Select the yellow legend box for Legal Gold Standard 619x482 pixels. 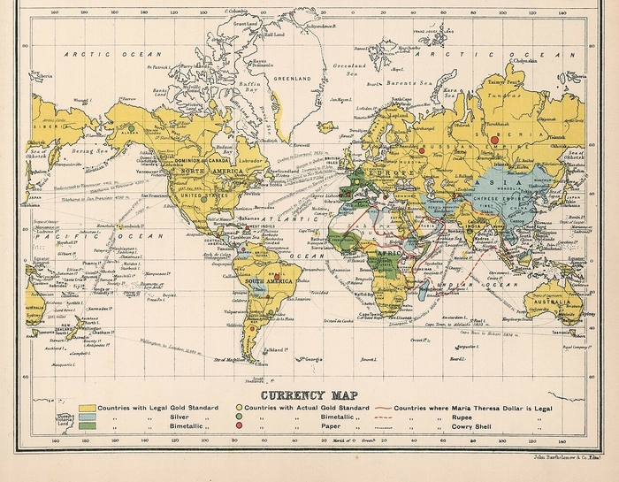(86, 407)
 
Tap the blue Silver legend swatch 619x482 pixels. (86, 417)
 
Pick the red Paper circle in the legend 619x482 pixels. (238, 426)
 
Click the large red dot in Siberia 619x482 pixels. (495, 139)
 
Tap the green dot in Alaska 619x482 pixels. (131, 128)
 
